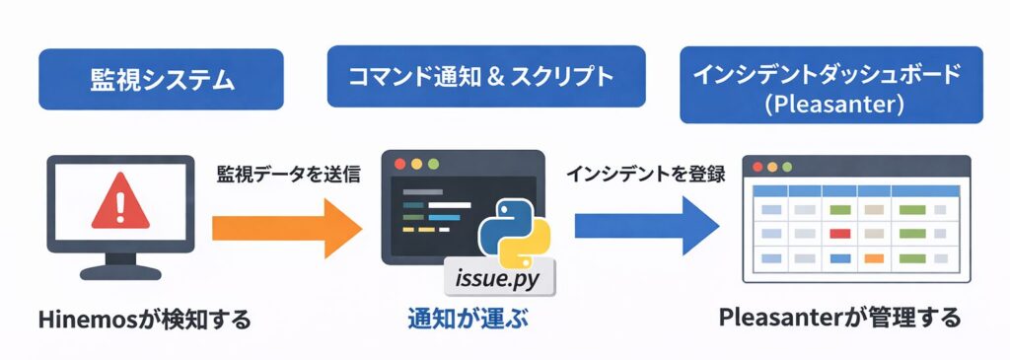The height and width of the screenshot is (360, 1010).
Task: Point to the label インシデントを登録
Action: click(646, 175)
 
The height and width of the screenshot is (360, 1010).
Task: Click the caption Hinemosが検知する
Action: click(144, 319)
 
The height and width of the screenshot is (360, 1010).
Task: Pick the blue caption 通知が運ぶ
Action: click(463, 318)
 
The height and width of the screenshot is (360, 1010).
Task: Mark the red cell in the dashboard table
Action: click(839, 234)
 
